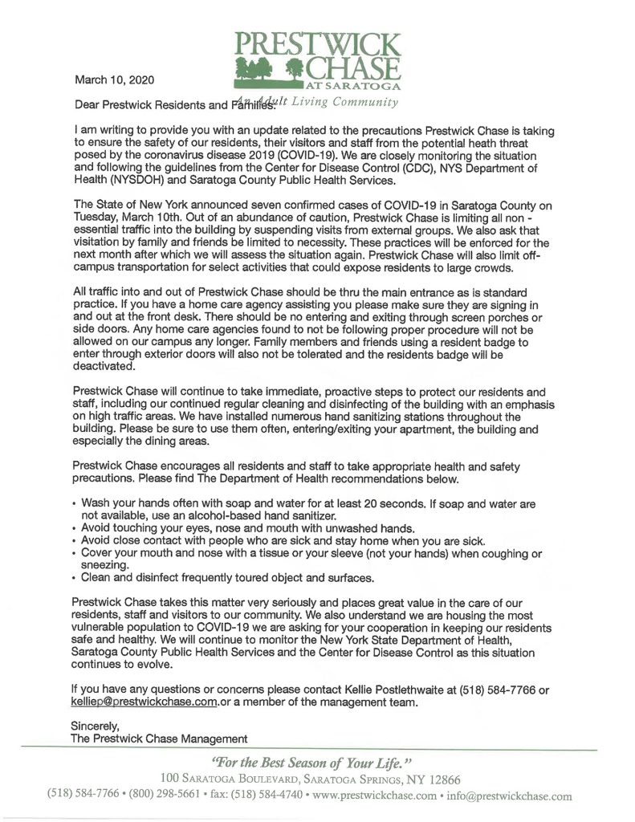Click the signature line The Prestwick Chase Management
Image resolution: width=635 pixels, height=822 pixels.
click(159, 739)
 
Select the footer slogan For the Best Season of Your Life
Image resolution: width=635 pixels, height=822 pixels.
click(312, 762)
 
